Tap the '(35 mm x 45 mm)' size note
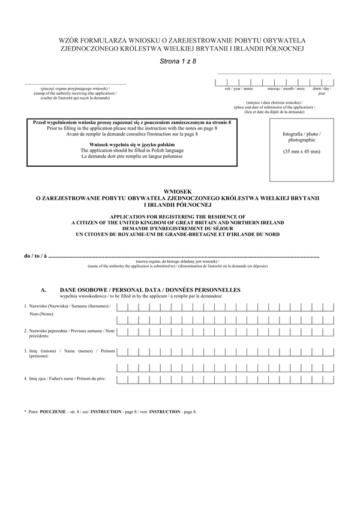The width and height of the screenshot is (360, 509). coord(302,151)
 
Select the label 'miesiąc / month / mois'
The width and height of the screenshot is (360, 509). coord(281,89)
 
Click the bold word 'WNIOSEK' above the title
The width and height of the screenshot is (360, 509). coord(180,191)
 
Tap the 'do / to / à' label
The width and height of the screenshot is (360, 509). coord(35,256)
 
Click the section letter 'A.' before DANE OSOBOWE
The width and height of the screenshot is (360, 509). coord(44,290)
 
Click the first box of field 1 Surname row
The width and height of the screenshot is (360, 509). coord(122,307)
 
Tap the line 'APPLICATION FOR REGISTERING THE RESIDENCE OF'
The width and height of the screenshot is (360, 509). coord(181,216)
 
